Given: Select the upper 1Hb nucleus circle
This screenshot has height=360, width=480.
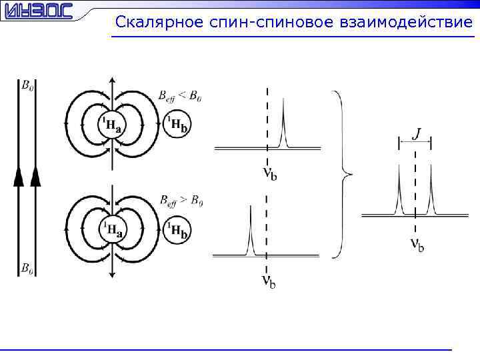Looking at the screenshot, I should tap(177, 125).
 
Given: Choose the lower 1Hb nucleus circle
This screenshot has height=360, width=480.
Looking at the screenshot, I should tap(177, 231).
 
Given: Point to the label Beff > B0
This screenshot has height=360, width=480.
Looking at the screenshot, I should tap(180, 201).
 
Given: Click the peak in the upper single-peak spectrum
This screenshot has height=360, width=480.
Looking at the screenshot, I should tap(283, 120).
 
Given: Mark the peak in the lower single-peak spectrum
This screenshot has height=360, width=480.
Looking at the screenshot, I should tap(250, 227).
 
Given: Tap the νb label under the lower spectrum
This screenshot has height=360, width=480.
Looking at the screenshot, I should tap(268, 282).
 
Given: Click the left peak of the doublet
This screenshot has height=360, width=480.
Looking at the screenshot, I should tap(399, 190).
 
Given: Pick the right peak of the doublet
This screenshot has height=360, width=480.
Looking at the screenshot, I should tap(431, 190).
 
